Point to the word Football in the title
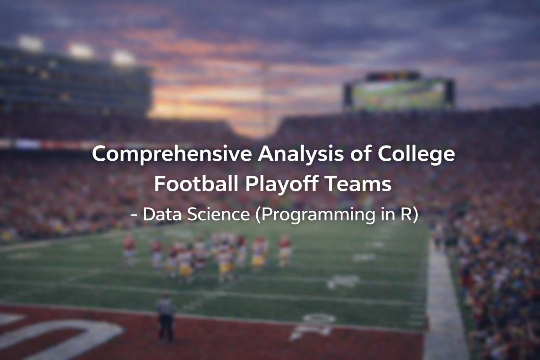(196, 184)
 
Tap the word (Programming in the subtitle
(315, 215)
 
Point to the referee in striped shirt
(166, 319)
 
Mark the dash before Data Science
(134, 215)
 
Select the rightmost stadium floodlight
(123, 58)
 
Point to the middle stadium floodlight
(81, 51)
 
